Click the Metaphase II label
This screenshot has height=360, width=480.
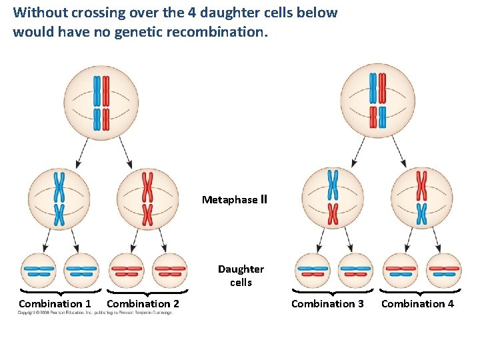[x=234, y=199]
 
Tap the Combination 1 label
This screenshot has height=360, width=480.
[x=55, y=304]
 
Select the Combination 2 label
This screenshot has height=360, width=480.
[x=143, y=304]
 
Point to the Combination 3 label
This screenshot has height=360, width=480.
[x=327, y=304]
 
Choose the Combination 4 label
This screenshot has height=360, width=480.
[x=417, y=304]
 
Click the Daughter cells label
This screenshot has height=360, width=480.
[x=241, y=275]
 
